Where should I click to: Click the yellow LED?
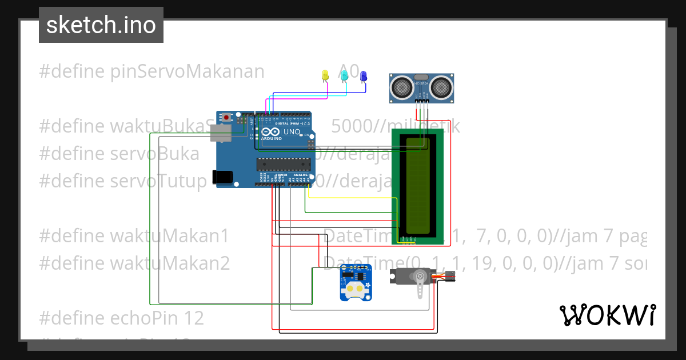point(325,75)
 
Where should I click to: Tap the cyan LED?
point(344,75)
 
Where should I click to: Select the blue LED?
point(363,75)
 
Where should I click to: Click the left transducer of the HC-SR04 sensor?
point(402,87)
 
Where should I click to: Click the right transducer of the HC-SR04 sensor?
point(441,87)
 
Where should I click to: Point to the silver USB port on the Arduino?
point(221,134)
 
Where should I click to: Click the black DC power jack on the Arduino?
point(224,177)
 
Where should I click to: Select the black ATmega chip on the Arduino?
point(283,165)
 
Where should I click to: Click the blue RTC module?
point(355,283)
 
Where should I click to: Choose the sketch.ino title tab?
point(101,25)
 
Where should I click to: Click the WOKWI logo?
point(607,315)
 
